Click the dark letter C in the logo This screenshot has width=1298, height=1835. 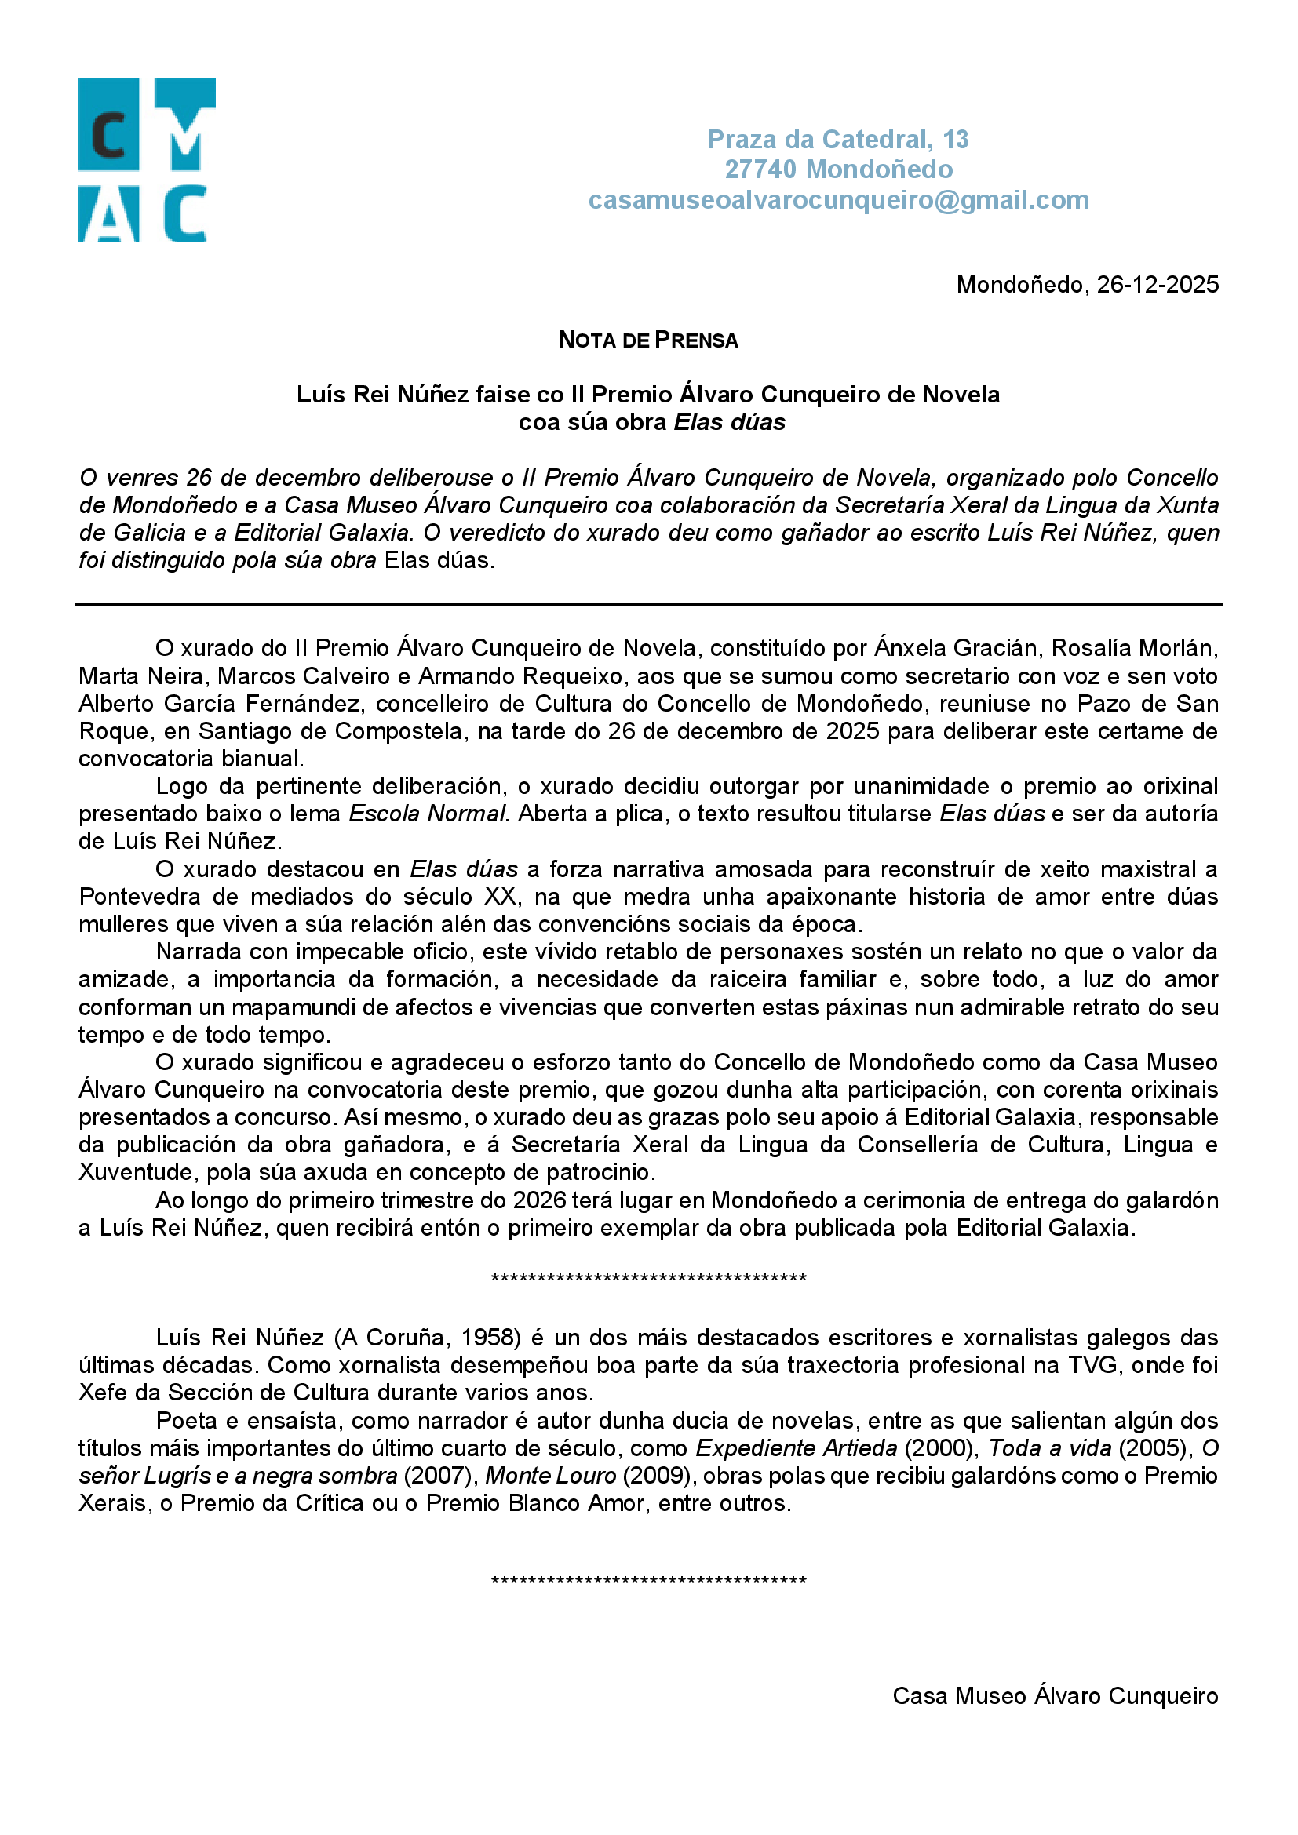coord(109,136)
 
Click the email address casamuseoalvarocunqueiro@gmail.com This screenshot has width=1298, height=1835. coord(838,200)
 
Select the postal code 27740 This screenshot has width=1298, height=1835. coord(760,169)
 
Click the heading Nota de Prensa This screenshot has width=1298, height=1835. coord(647,340)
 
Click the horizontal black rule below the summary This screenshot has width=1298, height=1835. coord(648,605)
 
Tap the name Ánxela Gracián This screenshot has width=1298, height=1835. coord(957,648)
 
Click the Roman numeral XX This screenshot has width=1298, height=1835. coord(501,897)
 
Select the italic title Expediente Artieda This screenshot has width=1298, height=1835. coord(796,1448)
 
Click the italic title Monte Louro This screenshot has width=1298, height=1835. coord(551,1476)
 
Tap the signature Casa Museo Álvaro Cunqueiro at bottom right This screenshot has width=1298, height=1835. coord(1054,1696)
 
